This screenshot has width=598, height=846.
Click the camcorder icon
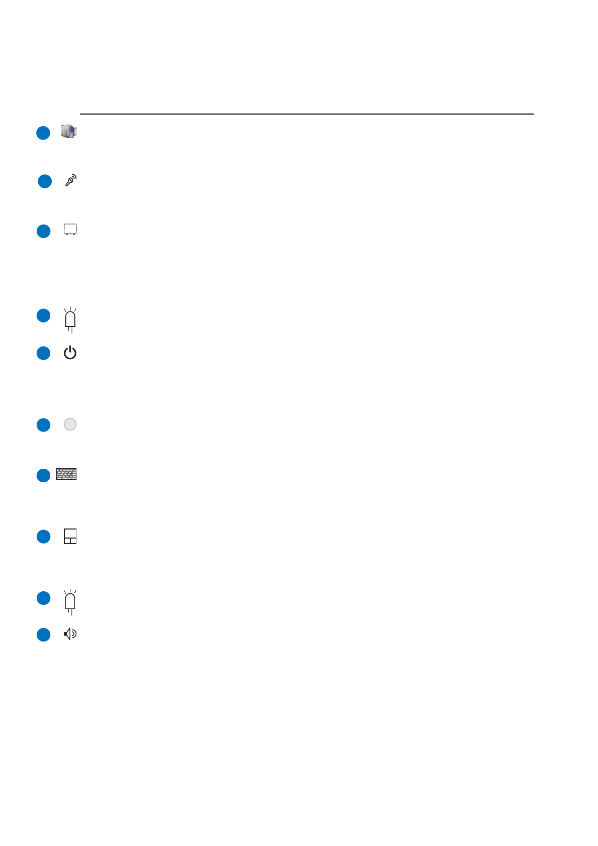[68, 132]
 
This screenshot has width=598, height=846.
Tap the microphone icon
[70, 180]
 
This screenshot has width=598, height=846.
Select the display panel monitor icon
[70, 230]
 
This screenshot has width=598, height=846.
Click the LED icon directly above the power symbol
[70, 320]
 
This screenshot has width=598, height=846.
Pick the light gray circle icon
[70, 425]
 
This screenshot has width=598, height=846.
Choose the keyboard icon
[67, 474]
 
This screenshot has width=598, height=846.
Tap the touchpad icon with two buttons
[70, 536]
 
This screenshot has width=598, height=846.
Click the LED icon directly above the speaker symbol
[70, 602]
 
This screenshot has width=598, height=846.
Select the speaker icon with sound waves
[70, 634]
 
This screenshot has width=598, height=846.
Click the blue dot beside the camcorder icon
[43, 133]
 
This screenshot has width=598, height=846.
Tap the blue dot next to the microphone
[45, 181]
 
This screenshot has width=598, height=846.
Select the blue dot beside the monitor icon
[44, 231]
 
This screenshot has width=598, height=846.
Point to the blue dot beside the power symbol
[44, 353]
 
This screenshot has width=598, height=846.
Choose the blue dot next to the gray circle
[44, 425]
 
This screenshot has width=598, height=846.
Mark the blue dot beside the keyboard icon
[44, 475]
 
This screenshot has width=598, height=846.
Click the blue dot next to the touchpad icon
[44, 537]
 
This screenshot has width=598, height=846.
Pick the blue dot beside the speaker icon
[44, 634]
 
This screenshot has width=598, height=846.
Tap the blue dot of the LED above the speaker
[44, 598]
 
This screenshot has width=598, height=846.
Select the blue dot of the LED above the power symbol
[44, 315]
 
